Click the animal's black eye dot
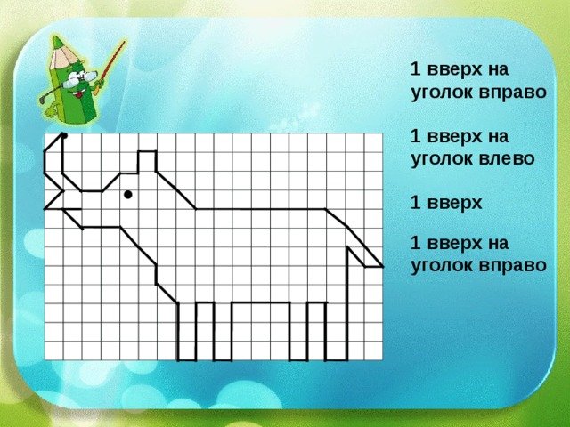click(x=128, y=195)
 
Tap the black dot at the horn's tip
click(x=64, y=136)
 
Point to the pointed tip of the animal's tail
click(x=382, y=267)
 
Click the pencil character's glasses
click(x=80, y=79)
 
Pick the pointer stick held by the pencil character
click(x=109, y=68)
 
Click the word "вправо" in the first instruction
click(x=512, y=93)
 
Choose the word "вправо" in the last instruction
click(x=512, y=265)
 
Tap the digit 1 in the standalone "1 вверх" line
click(x=415, y=203)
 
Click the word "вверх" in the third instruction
click(x=454, y=204)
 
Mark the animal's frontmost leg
click(x=187, y=331)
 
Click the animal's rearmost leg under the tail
click(x=337, y=331)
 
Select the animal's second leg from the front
click(x=223, y=331)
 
